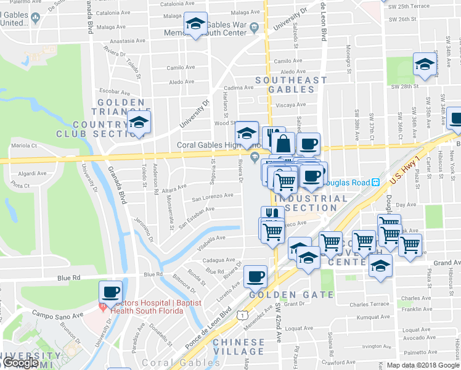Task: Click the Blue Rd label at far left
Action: (x=68, y=278)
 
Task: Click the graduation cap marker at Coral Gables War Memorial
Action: (x=196, y=25)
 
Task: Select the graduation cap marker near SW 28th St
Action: (x=425, y=65)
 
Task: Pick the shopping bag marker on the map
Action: (x=283, y=144)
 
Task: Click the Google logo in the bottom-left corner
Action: (x=20, y=363)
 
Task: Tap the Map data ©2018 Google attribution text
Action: (x=423, y=365)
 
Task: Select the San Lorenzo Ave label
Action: (x=213, y=197)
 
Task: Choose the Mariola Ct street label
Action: (x=25, y=146)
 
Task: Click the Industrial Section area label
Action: (x=311, y=203)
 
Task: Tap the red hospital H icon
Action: (x=102, y=306)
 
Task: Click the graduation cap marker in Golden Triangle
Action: (x=139, y=123)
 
